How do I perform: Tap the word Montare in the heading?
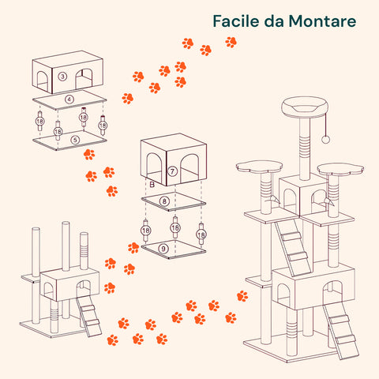(x=322, y=21)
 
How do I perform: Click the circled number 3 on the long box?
(x=62, y=77)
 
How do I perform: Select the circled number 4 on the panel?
(x=69, y=99)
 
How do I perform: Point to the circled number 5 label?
(x=75, y=140)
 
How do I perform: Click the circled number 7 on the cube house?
(x=172, y=171)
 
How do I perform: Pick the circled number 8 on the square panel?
(x=164, y=201)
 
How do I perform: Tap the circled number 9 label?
(x=163, y=249)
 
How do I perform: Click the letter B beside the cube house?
(x=152, y=185)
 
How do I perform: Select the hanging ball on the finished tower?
(x=325, y=140)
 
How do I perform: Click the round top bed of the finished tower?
(x=305, y=107)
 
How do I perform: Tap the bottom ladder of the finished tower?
(x=341, y=332)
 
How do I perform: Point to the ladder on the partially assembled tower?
(x=89, y=317)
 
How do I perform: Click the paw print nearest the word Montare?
(x=231, y=42)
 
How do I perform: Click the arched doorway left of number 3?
(x=42, y=81)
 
